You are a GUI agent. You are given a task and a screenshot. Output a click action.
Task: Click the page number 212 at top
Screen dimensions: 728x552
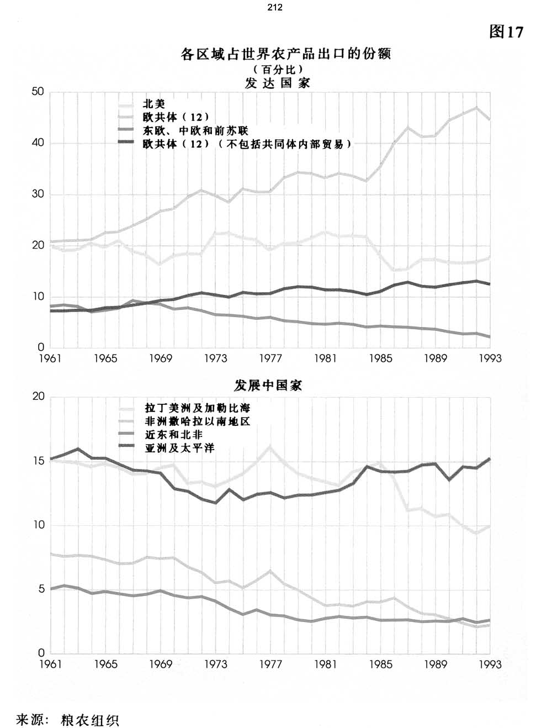pyautogui.click(x=274, y=7)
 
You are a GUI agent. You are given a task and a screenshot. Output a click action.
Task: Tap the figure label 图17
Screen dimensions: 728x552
pyautogui.click(x=506, y=32)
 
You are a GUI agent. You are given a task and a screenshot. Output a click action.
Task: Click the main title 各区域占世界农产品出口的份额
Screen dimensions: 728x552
pyautogui.click(x=285, y=54)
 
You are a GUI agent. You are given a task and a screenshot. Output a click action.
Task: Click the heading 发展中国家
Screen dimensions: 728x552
pyautogui.click(x=268, y=385)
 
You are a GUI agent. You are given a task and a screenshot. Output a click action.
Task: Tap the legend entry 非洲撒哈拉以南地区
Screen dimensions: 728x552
pyautogui.click(x=197, y=421)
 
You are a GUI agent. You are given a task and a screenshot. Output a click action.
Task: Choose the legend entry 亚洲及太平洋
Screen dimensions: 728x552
pyautogui.click(x=179, y=448)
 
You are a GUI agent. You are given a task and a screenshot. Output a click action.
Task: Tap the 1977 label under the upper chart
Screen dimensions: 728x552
pyautogui.click(x=270, y=358)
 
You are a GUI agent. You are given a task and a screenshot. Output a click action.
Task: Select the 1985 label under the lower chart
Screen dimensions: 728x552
pyautogui.click(x=380, y=664)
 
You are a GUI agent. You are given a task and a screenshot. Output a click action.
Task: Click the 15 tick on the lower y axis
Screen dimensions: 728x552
pyautogui.click(x=39, y=461)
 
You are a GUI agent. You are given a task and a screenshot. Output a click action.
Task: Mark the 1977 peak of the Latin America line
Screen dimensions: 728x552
pyautogui.click(x=270, y=446)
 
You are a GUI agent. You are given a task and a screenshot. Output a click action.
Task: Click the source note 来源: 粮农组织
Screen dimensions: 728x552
pyautogui.click(x=68, y=720)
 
